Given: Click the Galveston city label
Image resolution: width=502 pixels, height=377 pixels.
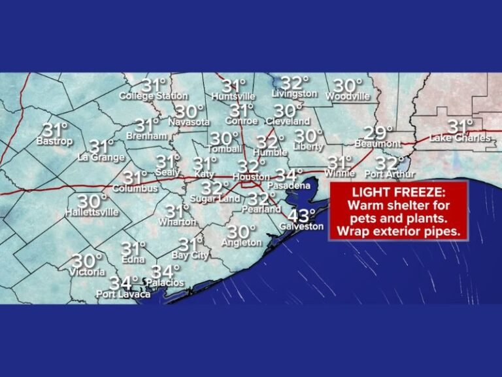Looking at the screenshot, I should [301, 226].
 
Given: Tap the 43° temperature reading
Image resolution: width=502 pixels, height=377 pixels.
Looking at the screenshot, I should [301, 215].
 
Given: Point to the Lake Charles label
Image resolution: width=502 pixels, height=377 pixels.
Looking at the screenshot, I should [460, 138].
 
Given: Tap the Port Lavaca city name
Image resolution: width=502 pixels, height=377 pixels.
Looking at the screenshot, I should [123, 295].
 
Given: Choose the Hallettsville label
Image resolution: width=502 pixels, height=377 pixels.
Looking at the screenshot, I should [92, 213].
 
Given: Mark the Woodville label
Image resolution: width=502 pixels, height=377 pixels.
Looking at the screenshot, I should [347, 97].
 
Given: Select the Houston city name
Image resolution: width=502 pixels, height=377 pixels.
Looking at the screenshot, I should [251, 177].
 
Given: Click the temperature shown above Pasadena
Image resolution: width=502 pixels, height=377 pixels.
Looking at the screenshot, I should [289, 175].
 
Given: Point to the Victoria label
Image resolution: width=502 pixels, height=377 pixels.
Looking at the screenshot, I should [88, 272].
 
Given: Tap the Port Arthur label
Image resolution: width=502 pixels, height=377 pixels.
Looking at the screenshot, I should [390, 174].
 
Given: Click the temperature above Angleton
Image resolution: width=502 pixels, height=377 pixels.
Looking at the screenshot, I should [241, 232].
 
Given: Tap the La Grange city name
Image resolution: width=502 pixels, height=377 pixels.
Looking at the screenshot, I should [100, 157].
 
